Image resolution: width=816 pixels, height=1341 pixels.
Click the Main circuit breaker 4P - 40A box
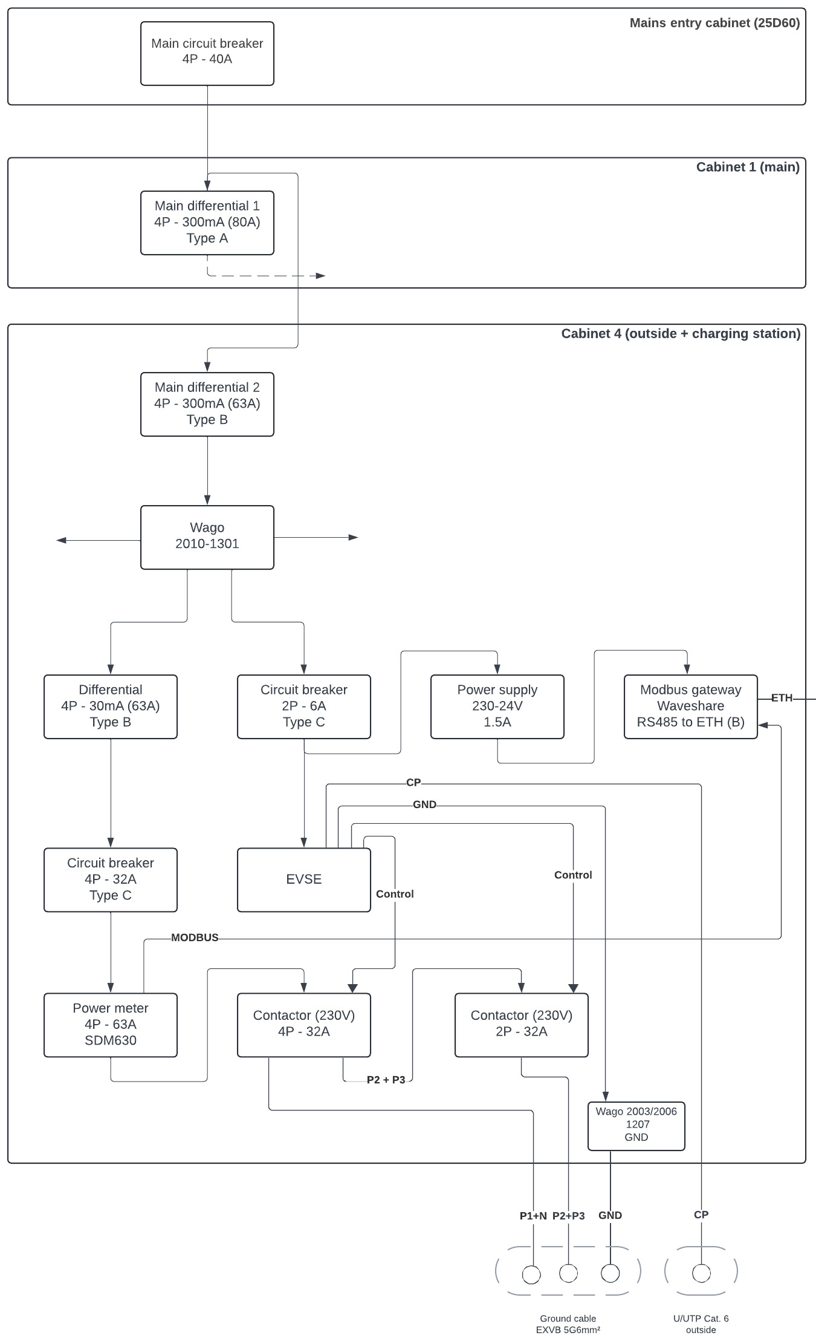click(207, 53)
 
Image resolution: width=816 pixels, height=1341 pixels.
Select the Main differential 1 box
click(207, 223)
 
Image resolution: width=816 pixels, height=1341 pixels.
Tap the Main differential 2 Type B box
click(207, 404)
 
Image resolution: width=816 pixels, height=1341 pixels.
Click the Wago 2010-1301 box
click(207, 537)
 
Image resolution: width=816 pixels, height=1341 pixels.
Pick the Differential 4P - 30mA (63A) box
click(110, 706)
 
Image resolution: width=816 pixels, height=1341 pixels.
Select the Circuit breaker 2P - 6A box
click(303, 706)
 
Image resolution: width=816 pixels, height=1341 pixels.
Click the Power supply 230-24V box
click(497, 706)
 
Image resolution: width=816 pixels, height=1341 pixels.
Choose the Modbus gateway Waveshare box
click(690, 706)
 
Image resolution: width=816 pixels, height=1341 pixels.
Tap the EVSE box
click(303, 879)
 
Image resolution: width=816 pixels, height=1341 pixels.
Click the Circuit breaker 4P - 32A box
click(110, 879)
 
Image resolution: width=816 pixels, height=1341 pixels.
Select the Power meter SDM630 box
click(110, 1025)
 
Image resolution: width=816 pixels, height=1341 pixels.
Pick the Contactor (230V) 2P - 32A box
click(521, 1025)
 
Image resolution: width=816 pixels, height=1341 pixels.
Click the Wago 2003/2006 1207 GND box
click(636, 1125)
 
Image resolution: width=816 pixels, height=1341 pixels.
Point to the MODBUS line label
click(195, 938)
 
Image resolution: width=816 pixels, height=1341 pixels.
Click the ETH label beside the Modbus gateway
click(782, 698)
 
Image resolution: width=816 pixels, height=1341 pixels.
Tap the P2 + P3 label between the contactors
click(386, 1080)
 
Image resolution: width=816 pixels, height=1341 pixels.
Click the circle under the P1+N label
click(531, 1275)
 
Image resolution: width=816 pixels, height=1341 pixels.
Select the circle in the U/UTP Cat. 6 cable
click(701, 1274)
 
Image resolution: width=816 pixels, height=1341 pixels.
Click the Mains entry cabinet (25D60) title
click(714, 23)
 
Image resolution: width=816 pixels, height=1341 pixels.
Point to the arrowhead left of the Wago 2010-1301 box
click(61, 540)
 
